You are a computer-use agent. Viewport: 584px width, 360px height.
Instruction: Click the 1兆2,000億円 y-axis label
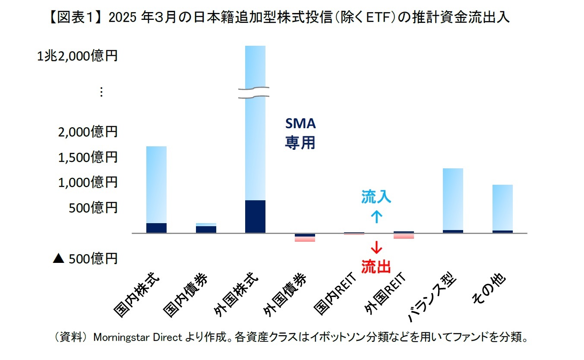click(x=77, y=56)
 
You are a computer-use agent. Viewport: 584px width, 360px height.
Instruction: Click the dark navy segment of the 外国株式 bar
click(x=255, y=217)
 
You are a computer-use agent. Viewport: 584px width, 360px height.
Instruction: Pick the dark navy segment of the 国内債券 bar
click(x=206, y=229)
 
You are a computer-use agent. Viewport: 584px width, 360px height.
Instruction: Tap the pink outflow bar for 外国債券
click(x=305, y=239)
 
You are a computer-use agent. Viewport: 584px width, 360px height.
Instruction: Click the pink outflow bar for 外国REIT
click(x=404, y=236)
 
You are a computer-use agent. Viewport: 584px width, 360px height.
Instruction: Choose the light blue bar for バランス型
click(x=453, y=199)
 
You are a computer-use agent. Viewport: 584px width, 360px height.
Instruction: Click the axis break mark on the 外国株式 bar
click(x=255, y=92)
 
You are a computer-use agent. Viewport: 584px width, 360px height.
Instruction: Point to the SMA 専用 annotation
click(x=300, y=133)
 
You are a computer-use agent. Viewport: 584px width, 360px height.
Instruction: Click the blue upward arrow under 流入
click(x=376, y=216)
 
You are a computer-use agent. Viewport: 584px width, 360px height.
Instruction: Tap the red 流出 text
click(x=376, y=267)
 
